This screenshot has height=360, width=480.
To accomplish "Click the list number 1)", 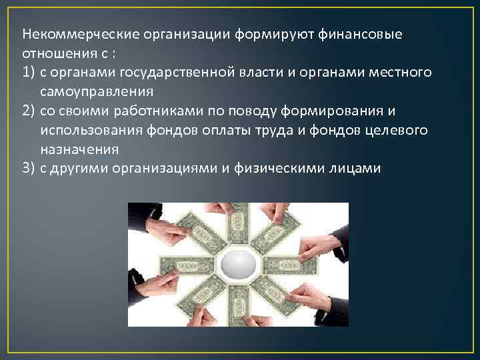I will [28, 72].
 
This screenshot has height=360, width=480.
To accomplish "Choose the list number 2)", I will [28, 111].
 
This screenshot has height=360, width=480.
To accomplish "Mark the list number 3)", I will [28, 168].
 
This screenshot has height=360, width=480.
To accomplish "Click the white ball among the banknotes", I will [239, 265].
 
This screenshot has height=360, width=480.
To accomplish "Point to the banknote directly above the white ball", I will [239, 227].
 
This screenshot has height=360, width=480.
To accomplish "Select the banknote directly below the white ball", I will [238, 303].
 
